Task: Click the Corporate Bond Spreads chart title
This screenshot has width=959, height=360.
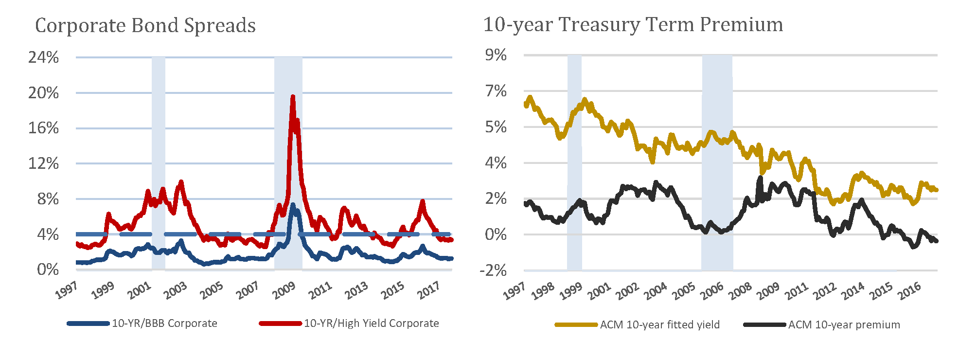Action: [x=145, y=25]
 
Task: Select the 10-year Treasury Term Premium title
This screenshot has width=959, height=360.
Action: [x=633, y=24]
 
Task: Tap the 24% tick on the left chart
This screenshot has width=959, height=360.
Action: [x=43, y=57]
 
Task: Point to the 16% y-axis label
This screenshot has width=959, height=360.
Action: [x=43, y=128]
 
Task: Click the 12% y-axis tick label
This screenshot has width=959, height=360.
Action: [x=43, y=163]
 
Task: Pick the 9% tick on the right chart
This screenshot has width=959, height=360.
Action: [x=496, y=55]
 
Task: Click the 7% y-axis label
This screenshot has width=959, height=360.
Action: [x=496, y=91]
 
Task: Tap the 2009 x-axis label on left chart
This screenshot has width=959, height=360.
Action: [x=284, y=290]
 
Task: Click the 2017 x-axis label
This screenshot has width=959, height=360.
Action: [x=428, y=290]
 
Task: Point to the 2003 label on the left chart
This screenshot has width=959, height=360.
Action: [x=175, y=290]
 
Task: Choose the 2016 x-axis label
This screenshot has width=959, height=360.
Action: [x=909, y=290]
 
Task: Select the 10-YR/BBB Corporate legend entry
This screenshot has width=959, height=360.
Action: [x=164, y=324]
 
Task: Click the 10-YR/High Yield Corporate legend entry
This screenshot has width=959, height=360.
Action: [x=371, y=324]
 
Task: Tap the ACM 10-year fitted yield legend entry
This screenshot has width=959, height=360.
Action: [x=659, y=324]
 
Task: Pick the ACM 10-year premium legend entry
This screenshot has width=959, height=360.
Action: [x=844, y=324]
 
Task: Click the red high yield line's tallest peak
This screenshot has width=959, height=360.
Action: [x=292, y=97]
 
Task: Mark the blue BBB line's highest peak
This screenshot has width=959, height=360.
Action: [x=292, y=205]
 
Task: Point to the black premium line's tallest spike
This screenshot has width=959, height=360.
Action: [x=760, y=178]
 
